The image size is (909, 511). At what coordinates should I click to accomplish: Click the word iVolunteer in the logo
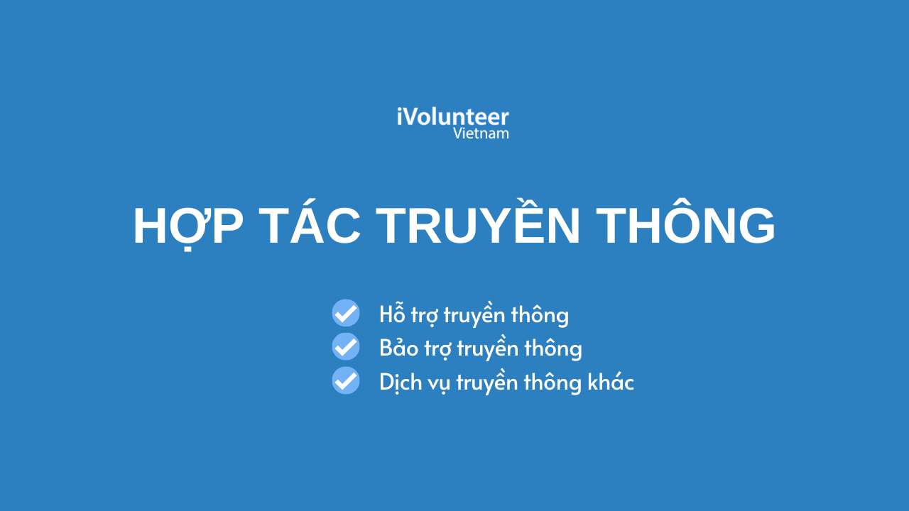coord(453,117)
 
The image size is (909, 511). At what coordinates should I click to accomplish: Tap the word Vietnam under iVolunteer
coord(481,133)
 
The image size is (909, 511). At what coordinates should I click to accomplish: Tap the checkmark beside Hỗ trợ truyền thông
coord(346,313)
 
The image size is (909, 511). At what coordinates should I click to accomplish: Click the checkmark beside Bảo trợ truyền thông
coord(346,346)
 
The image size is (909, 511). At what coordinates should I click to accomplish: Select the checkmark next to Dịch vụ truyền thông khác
coord(346,380)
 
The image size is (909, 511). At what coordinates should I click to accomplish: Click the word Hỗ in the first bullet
coord(392,313)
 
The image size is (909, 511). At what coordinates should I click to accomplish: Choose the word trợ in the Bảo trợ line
coord(438,349)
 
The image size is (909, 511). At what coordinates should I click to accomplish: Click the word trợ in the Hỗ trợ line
coord(425,316)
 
